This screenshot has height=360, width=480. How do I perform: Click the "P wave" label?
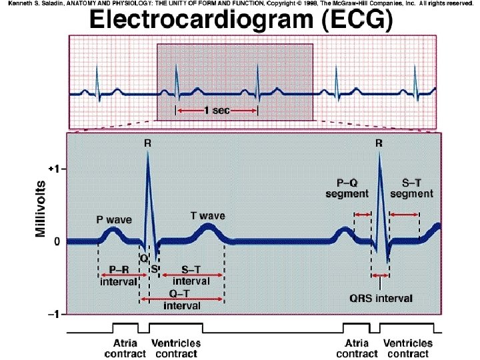115,219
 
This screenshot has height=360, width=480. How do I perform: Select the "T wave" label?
208,215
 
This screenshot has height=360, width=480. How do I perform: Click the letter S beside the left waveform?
154,269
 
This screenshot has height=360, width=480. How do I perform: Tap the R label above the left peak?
147,142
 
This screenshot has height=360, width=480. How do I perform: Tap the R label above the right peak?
379,142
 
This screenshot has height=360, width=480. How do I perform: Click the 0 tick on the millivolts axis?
57,241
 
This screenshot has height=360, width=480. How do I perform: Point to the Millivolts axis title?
41,206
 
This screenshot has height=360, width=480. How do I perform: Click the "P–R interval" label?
119,276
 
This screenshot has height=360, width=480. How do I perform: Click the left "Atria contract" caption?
121,347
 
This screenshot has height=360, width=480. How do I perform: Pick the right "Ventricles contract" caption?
408,347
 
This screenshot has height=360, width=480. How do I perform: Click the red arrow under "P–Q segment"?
362,214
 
